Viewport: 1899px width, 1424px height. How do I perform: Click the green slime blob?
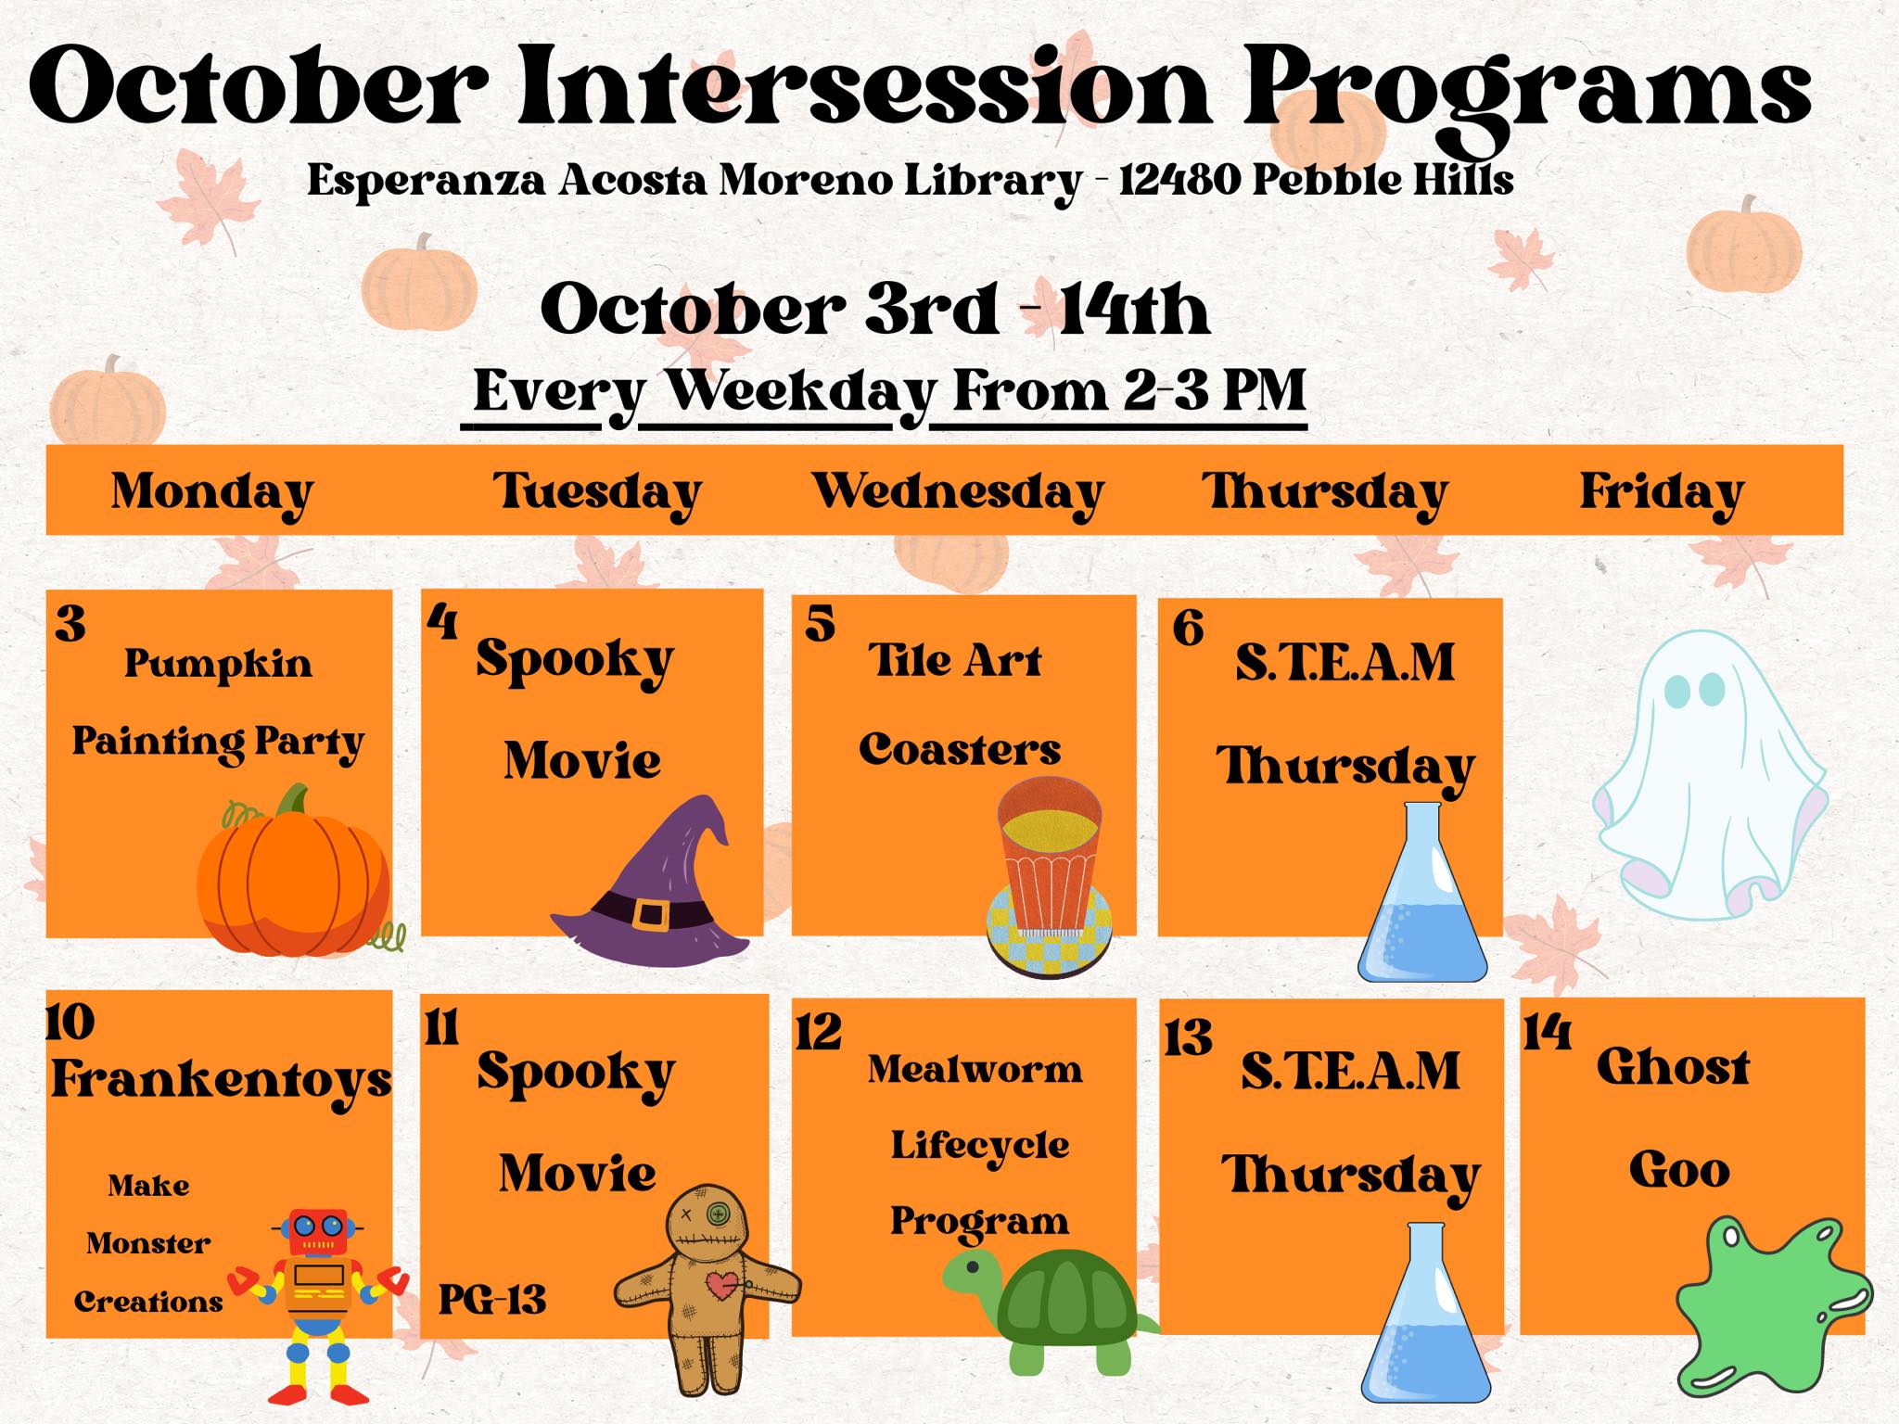pyautogui.click(x=1771, y=1307)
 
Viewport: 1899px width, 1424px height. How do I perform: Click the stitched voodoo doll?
pyautogui.click(x=707, y=1284)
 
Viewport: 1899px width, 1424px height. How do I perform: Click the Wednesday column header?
pyautogui.click(x=958, y=491)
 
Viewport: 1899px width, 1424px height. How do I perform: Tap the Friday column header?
pyautogui.click(x=1662, y=491)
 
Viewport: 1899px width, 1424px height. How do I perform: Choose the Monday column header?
pyautogui.click(x=211, y=491)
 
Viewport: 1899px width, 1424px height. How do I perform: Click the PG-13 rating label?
pyautogui.click(x=491, y=1300)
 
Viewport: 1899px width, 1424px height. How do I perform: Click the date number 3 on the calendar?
pyautogui.click(x=70, y=624)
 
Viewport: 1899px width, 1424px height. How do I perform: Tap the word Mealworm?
pyautogui.click(x=975, y=1070)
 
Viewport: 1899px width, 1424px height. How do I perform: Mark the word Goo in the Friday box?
pyautogui.click(x=1679, y=1170)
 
